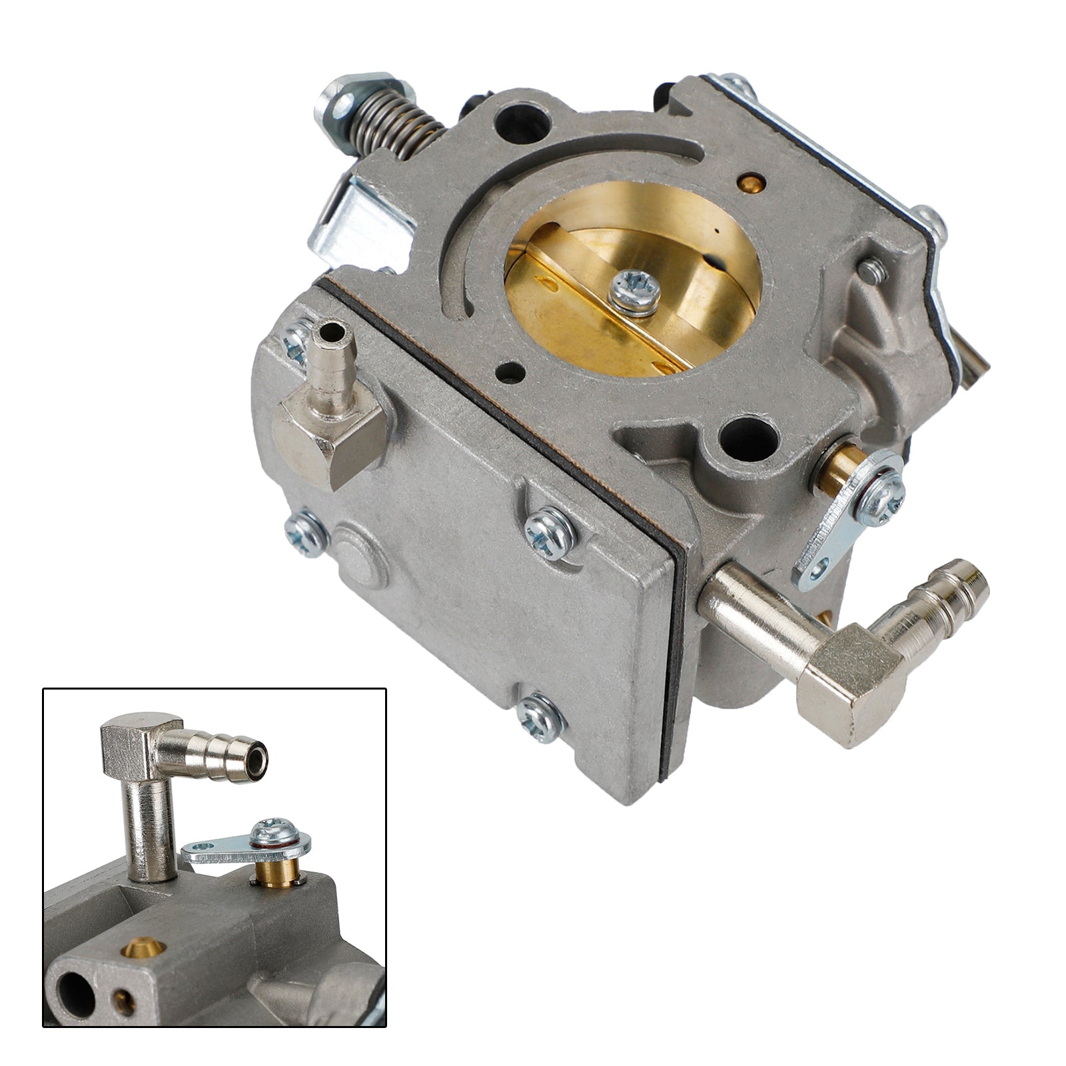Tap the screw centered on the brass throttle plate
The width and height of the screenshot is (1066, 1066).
point(636,292)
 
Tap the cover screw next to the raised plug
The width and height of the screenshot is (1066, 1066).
point(306,533)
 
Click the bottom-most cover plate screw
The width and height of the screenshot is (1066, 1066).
point(541,718)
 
